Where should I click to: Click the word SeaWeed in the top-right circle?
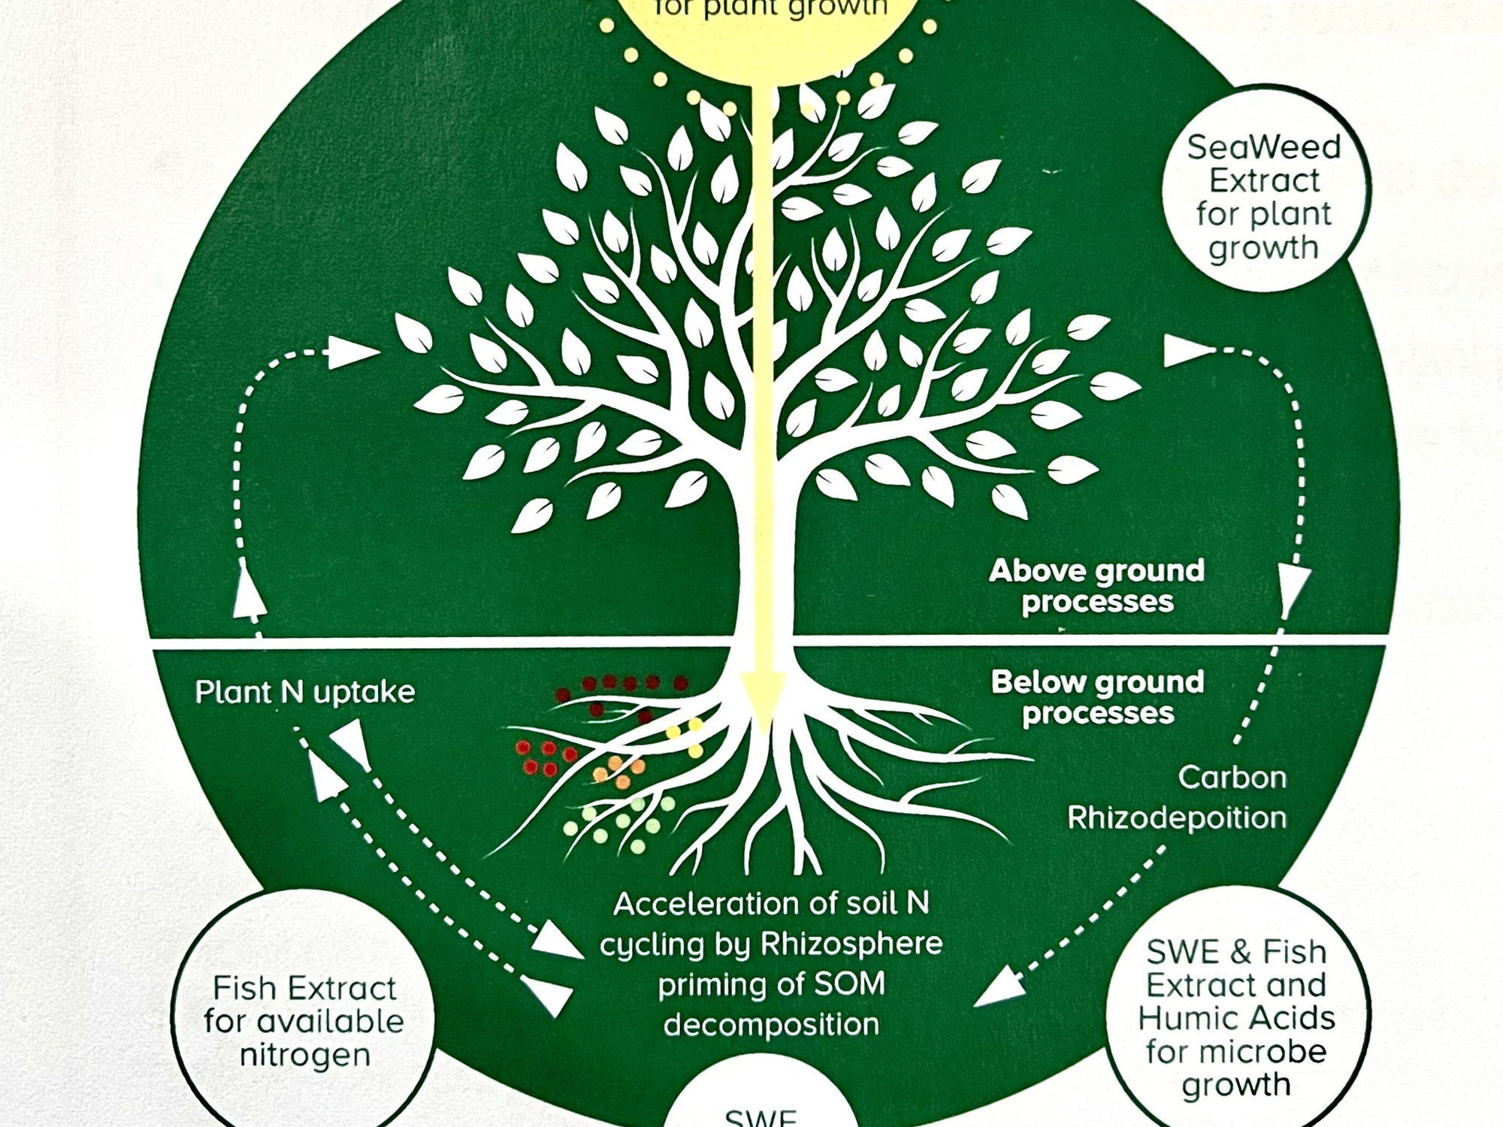[x=1263, y=147]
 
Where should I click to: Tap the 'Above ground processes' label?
[x=1096, y=586]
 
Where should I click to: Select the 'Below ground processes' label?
[x=1097, y=697]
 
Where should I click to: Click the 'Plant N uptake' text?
[x=304, y=692]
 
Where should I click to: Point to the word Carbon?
[x=1232, y=778]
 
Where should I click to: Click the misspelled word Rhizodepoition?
[x=1177, y=817]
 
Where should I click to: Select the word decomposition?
[x=771, y=1024]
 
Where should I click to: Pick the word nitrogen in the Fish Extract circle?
[x=305, y=1055]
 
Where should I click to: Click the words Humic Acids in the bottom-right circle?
[x=1236, y=1018]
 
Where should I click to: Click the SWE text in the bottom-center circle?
[x=760, y=1117]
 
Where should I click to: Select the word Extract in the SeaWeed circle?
[x=1264, y=181]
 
